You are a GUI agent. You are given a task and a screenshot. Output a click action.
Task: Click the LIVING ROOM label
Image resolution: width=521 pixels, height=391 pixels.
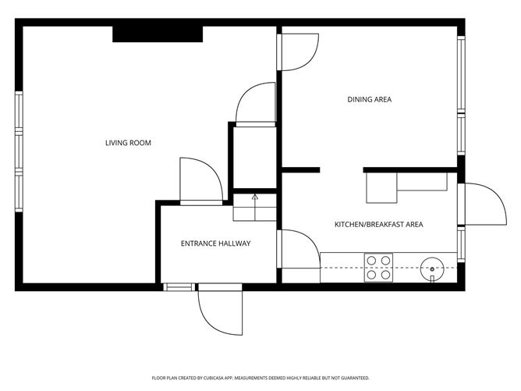[128, 143]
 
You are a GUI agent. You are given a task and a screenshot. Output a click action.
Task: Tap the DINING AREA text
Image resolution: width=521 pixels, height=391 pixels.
[369, 99]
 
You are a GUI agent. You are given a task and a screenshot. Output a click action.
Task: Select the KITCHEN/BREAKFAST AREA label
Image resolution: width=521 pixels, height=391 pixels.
[378, 225]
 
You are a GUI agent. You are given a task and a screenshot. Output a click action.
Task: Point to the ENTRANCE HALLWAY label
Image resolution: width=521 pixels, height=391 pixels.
[215, 243]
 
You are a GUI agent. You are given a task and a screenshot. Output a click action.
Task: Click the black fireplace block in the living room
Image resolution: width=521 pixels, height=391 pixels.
[158, 34]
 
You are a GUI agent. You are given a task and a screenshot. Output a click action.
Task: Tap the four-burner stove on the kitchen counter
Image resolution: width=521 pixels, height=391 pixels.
[379, 268]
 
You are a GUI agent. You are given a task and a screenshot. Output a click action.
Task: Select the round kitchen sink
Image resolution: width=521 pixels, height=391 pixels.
[431, 268]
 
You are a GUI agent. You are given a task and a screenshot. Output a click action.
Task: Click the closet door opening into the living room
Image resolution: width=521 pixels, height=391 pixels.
[254, 104]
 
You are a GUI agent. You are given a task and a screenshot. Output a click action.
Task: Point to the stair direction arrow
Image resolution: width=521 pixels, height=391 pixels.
[254, 198]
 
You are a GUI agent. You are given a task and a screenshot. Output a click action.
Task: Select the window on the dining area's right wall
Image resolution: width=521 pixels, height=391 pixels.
[461, 94]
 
